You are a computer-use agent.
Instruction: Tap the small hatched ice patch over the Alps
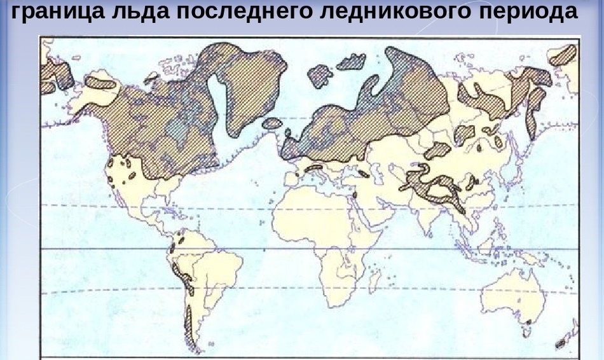[313, 169]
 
